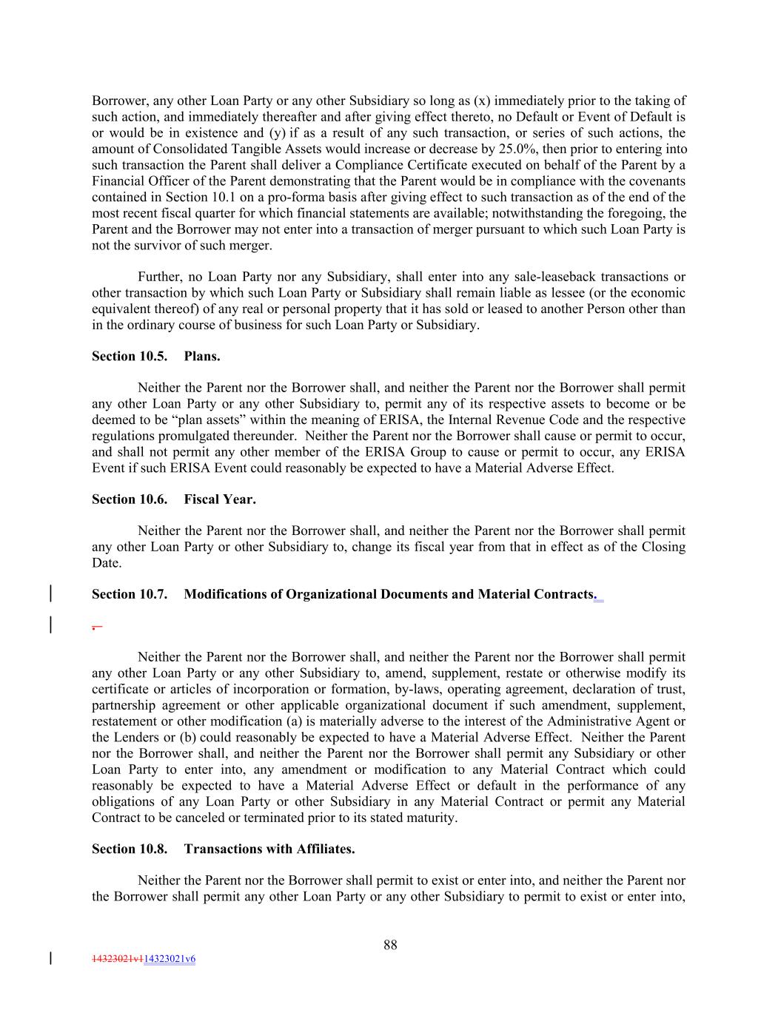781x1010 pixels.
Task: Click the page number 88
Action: (390, 944)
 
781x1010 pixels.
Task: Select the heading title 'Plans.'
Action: (202, 356)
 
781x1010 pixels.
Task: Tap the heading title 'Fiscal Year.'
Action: (220, 499)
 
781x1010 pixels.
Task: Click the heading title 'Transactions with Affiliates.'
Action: (269, 849)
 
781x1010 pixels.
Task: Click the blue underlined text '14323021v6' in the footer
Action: (170, 959)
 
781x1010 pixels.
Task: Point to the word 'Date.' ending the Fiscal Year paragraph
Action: (107, 563)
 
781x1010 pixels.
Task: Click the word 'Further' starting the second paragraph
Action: (159, 277)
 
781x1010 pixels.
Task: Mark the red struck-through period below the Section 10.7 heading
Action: (95, 626)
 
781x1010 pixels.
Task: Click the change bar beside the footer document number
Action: (50, 959)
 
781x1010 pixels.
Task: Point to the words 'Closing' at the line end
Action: (663, 547)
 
